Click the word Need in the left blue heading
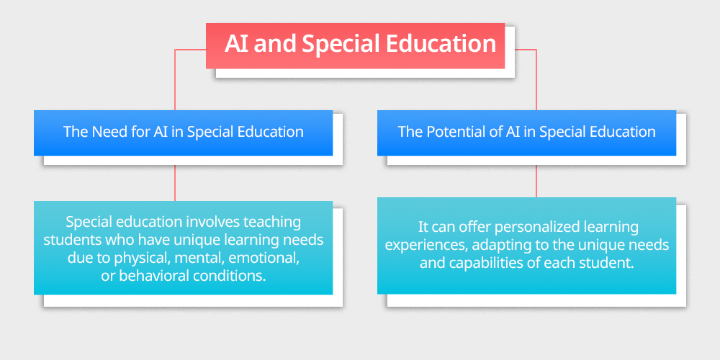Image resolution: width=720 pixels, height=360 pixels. (x=108, y=132)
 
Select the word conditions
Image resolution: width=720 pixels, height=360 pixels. (x=230, y=275)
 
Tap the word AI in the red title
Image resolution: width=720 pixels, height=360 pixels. (x=237, y=43)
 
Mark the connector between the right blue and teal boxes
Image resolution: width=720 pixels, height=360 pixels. (x=536, y=180)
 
